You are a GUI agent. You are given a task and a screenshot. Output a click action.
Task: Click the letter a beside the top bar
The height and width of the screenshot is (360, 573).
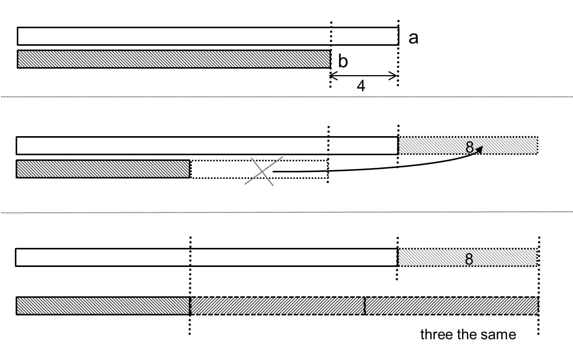pyautogui.click(x=413, y=38)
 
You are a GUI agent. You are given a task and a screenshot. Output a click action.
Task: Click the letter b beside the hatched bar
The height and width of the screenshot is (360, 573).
pyautogui.click(x=343, y=61)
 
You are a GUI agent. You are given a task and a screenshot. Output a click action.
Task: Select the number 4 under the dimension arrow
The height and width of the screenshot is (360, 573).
pyautogui.click(x=361, y=86)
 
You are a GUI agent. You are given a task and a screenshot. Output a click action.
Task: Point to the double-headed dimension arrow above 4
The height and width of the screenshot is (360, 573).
pyautogui.click(x=363, y=76)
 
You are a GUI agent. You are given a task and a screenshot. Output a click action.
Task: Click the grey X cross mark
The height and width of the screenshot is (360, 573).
pyautogui.click(x=263, y=171)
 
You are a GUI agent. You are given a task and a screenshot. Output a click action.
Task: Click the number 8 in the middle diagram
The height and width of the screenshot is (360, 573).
pyautogui.click(x=470, y=147)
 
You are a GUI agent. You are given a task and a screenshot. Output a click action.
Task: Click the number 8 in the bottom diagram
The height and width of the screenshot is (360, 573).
pyautogui.click(x=469, y=259)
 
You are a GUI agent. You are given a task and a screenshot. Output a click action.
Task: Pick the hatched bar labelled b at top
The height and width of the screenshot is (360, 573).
pyautogui.click(x=174, y=59)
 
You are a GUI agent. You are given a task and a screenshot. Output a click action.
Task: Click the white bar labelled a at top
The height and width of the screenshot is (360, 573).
pyautogui.click(x=208, y=36)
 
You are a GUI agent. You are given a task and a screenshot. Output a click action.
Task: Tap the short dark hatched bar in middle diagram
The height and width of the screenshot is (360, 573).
pyautogui.click(x=103, y=169)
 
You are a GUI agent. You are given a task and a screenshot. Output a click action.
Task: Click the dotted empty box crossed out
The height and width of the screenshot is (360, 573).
pyautogui.click(x=229, y=169)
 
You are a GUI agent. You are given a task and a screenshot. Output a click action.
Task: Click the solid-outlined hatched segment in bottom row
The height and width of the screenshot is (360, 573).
pyautogui.click(x=103, y=306)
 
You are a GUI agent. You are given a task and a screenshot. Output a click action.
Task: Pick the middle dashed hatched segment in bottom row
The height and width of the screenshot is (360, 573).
pyautogui.click(x=277, y=306)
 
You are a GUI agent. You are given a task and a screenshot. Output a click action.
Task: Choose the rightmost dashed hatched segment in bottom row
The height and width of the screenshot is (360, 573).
pyautogui.click(x=451, y=306)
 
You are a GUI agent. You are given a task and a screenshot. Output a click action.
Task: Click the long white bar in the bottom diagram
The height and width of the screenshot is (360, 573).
pyautogui.click(x=206, y=257)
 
